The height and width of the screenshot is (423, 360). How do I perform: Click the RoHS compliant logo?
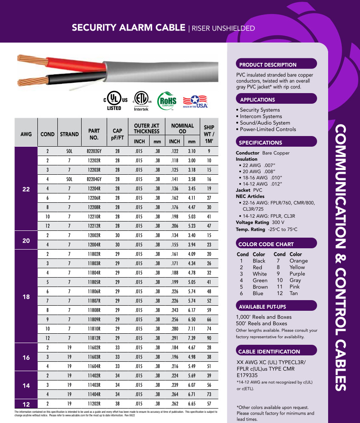pyautogui.click(x=167, y=102)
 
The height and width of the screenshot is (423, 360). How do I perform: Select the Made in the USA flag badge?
pyautogui.click(x=195, y=102)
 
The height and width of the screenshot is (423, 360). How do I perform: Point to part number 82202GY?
pyautogui.click(x=94, y=151)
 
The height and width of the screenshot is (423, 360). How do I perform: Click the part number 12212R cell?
pyautogui.click(x=94, y=225)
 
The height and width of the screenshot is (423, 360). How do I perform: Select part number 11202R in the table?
pyautogui.click(x=94, y=403)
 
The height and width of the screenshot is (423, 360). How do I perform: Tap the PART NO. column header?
pyautogui.click(x=94, y=134)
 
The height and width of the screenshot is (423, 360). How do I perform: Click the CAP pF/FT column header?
pyautogui.click(x=117, y=134)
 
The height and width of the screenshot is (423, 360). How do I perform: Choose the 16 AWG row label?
pyautogui.click(x=26, y=358)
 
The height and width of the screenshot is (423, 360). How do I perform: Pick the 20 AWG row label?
pyautogui.click(x=26, y=240)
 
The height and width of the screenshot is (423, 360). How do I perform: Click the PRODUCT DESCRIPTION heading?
pyautogui.click(x=268, y=65)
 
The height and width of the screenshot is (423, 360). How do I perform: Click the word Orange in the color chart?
pyautogui.click(x=298, y=261)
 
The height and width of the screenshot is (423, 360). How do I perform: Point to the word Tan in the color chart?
pyautogui.click(x=294, y=293)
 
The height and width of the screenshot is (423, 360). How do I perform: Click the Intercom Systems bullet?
pyautogui.click(x=261, y=116)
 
